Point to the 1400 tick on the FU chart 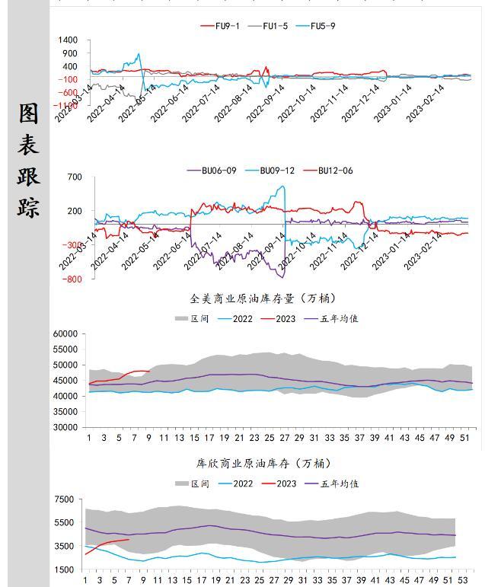point(67,40)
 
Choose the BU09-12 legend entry point(275,171)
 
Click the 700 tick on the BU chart point(74,177)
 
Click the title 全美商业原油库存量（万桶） point(263,298)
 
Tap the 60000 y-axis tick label point(65,333)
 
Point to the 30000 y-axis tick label point(65,427)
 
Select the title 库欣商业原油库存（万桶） point(263,464)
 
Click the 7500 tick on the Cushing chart point(65,499)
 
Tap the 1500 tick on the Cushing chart point(65,569)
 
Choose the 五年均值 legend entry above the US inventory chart point(339,318)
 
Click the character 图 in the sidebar point(29,114)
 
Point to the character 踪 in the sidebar point(29,206)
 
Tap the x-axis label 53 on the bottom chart point(462,580)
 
